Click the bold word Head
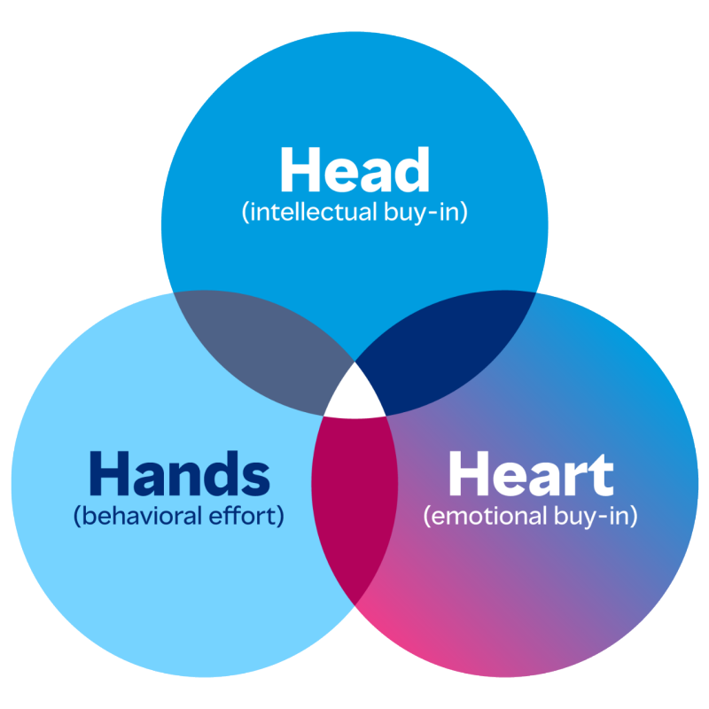coord(355,169)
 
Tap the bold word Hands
coord(180,472)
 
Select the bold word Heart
coord(530,473)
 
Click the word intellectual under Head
coord(313,212)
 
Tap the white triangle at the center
coord(355,396)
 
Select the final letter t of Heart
coord(602,476)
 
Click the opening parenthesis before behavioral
coord(77,516)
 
